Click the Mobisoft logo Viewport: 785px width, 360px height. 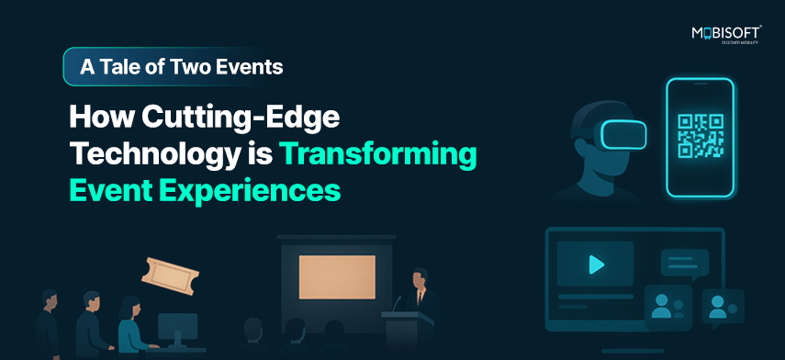726,35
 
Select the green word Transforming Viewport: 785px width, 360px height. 378,154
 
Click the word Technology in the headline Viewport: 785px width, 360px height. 151,155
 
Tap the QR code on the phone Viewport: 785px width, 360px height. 701,136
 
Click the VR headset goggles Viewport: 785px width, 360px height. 622,134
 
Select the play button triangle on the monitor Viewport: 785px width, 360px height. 596,264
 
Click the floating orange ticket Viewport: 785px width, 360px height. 170,276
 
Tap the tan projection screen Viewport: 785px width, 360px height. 337,276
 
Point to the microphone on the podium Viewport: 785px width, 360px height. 397,304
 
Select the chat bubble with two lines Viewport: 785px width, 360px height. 684,264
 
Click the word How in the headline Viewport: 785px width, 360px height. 102,119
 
